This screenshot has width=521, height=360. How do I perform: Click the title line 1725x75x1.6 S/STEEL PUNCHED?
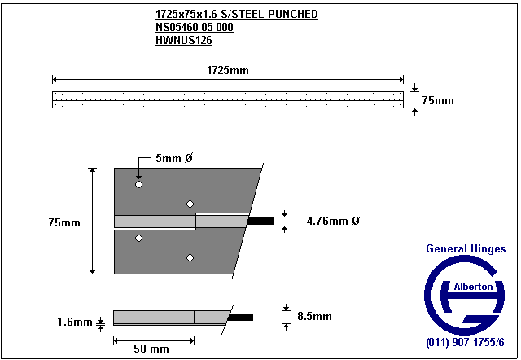[x=236, y=15]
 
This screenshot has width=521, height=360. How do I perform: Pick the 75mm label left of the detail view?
[x=64, y=222]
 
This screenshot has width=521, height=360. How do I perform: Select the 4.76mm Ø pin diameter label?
[x=333, y=221]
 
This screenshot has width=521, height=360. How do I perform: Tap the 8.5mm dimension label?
[x=314, y=316]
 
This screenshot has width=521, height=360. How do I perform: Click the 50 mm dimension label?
[x=151, y=349]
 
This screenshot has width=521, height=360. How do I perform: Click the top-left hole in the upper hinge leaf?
[x=139, y=185]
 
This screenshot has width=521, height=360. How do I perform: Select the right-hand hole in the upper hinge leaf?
[x=190, y=204]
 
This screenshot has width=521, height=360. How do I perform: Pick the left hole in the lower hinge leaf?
[x=139, y=238]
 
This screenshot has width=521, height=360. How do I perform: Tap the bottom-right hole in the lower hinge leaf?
[x=190, y=257]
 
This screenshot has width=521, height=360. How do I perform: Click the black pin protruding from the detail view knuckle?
[x=261, y=221]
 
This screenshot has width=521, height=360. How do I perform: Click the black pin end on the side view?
[x=242, y=317]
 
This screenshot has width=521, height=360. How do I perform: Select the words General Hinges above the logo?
[x=466, y=249]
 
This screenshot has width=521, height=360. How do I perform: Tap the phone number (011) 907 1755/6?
[x=466, y=343]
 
